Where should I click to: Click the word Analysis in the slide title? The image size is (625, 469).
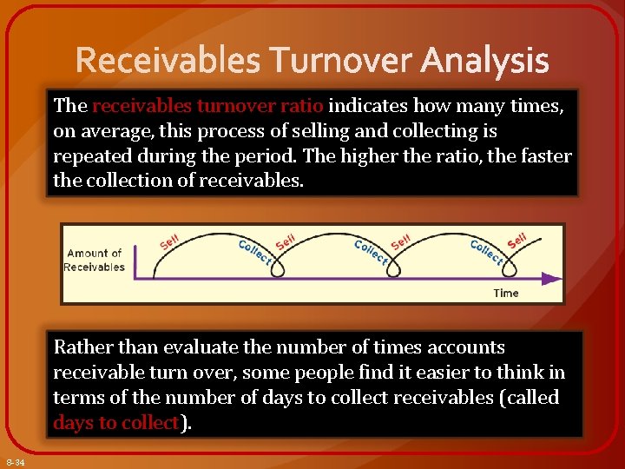pos(485,61)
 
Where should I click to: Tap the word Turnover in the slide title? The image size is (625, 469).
pos(342,61)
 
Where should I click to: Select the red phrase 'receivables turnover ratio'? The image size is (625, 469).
pos(207,106)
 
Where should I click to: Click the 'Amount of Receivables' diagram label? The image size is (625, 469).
pos(95,260)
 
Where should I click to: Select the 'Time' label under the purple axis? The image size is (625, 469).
pos(505,293)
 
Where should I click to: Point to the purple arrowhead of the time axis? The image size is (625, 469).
pos(550,279)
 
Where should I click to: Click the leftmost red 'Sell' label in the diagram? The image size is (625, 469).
pos(171,240)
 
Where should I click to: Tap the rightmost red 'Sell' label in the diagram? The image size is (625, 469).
pos(517,239)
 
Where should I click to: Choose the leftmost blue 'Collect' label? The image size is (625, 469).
pos(254,251)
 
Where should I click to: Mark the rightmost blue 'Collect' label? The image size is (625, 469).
pos(486,251)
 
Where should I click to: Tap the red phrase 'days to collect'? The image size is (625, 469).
pos(115,423)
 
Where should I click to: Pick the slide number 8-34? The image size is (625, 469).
pos(15,462)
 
